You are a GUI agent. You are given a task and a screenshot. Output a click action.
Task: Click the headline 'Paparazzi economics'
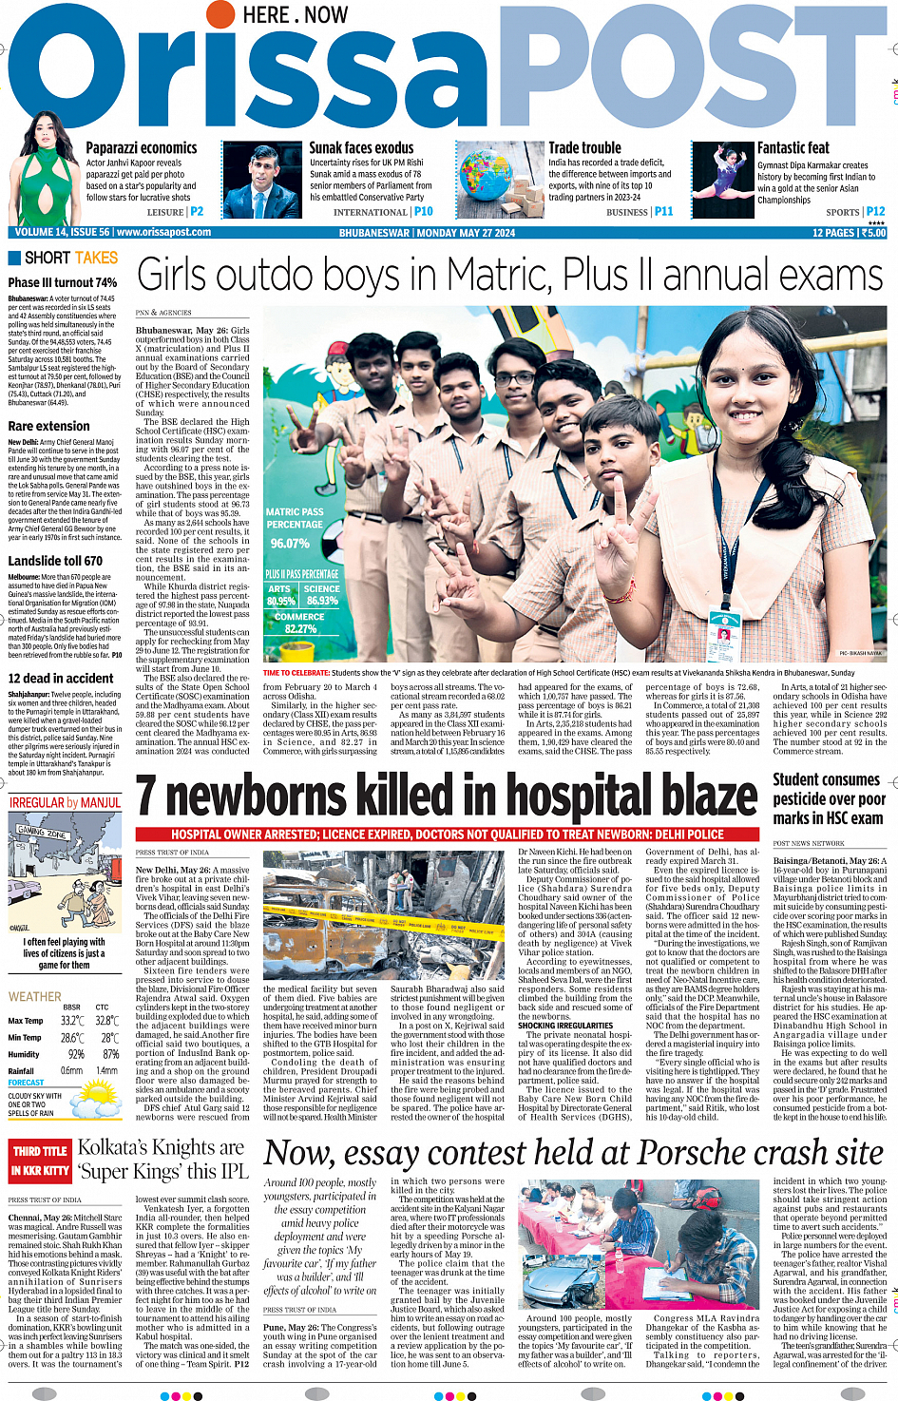pyautogui.click(x=142, y=148)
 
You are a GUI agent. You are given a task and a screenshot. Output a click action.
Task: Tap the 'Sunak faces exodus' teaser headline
pyautogui.click(x=361, y=148)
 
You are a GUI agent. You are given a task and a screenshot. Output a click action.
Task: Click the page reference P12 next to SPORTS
pyautogui.click(x=875, y=212)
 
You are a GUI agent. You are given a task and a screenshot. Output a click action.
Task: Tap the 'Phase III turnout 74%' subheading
pyautogui.click(x=63, y=282)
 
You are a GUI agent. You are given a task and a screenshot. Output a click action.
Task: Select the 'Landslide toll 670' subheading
pyautogui.click(x=55, y=561)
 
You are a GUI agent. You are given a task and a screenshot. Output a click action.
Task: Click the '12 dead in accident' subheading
pyautogui.click(x=61, y=679)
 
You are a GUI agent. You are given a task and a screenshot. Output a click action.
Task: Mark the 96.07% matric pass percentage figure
pyautogui.click(x=290, y=544)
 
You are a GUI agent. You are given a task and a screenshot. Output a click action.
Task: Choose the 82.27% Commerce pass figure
pyautogui.click(x=300, y=629)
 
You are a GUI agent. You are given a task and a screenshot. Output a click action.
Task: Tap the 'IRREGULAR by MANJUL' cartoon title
pyautogui.click(x=66, y=803)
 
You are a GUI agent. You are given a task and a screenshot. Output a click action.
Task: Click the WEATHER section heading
pyautogui.click(x=35, y=997)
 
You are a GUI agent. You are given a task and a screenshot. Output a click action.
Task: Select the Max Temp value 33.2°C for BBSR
pyautogui.click(x=72, y=1021)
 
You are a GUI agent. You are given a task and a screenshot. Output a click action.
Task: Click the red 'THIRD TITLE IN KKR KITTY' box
pyautogui.click(x=40, y=1161)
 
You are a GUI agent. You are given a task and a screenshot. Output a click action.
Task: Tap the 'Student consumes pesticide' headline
pyautogui.click(x=829, y=798)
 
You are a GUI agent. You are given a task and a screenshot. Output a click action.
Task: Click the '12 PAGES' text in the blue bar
pyautogui.click(x=833, y=233)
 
